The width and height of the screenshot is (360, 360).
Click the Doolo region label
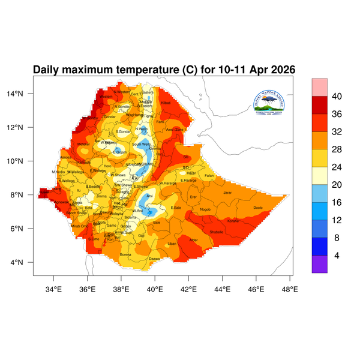(258, 208)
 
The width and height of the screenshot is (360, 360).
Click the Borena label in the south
(126, 254)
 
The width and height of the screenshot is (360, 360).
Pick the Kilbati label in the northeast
(166, 103)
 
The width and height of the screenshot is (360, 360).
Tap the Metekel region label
(83, 144)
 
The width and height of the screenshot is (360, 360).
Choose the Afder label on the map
(193, 239)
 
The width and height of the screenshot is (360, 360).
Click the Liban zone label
(172, 244)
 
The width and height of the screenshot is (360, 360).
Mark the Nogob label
(205, 209)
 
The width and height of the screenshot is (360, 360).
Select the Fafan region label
(209, 175)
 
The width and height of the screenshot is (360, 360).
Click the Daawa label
(154, 259)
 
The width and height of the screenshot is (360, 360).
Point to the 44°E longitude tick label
(223, 289)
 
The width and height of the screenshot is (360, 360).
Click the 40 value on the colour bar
(337, 96)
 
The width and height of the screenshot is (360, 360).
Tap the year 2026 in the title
(281, 70)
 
